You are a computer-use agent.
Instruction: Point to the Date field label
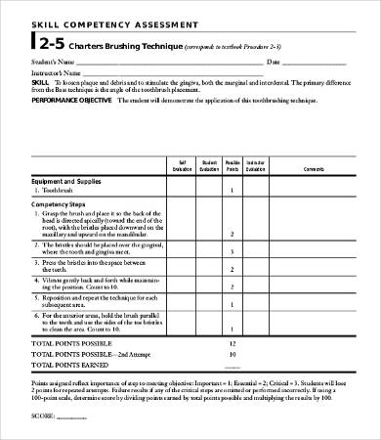pyautogui.click(x=275, y=62)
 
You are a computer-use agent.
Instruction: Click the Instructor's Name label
pyautogui.click(x=57, y=72)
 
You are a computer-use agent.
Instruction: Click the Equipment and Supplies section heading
pyautogui.click(x=69, y=180)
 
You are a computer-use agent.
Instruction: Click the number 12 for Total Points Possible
pyautogui.click(x=232, y=344)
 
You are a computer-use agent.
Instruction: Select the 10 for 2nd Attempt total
pyautogui.click(x=232, y=354)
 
